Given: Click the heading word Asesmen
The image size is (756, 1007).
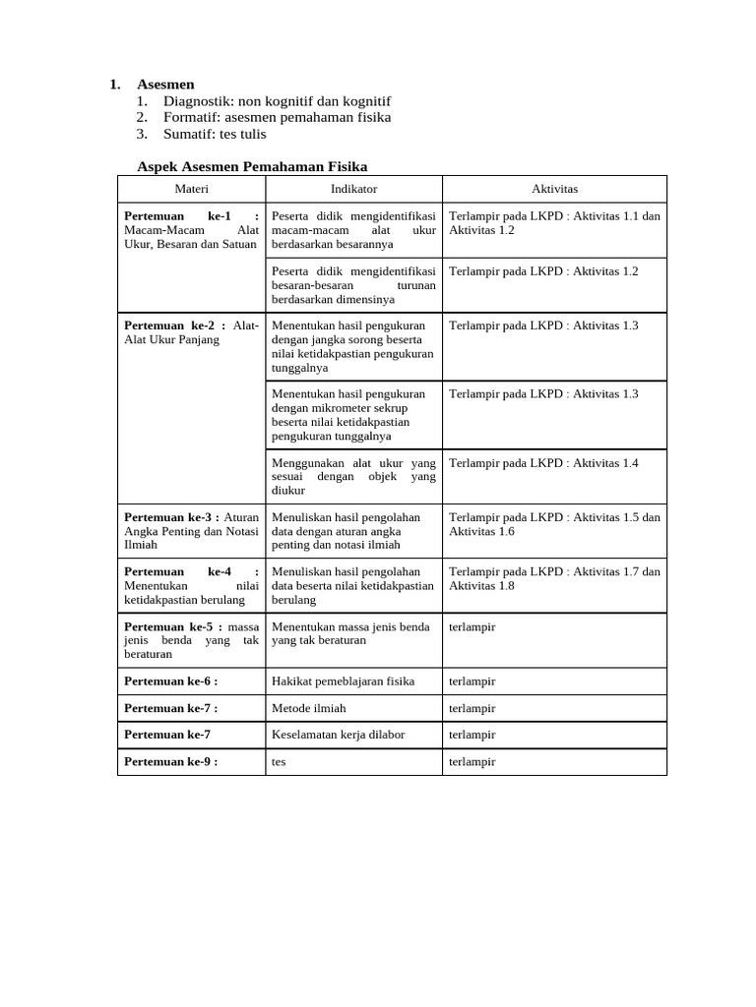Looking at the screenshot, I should click(x=165, y=85).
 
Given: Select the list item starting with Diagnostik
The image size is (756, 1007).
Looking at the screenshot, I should click(x=277, y=101).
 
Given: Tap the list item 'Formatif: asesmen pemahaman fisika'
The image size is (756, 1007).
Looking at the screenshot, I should click(x=277, y=117).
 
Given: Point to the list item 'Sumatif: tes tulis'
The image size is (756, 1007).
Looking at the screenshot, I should click(x=215, y=134).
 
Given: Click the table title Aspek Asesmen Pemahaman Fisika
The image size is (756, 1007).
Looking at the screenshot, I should click(x=252, y=167).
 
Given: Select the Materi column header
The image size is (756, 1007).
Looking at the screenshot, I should click(x=192, y=189).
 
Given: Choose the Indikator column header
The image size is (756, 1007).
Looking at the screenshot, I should click(x=353, y=189).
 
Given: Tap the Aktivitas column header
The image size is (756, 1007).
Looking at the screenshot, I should click(x=554, y=189).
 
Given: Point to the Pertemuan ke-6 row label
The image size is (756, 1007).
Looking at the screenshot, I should click(x=170, y=681).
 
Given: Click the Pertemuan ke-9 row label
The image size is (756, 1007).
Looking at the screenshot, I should click(x=170, y=761).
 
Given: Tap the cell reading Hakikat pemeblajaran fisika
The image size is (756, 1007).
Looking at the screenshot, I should click(x=343, y=681).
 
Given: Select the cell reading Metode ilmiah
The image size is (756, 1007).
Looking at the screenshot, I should click(x=308, y=708).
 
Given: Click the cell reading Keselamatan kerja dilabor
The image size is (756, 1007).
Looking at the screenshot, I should click(x=338, y=735).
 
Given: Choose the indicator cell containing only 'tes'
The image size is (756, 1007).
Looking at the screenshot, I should click(x=279, y=761).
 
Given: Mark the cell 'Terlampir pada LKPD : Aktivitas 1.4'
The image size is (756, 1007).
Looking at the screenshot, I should click(x=543, y=463).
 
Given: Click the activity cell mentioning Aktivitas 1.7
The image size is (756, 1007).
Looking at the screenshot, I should click(x=554, y=578).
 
